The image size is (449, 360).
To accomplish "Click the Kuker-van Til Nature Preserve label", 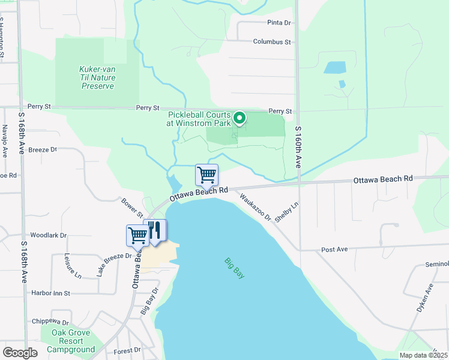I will pyautogui.click(x=97, y=78).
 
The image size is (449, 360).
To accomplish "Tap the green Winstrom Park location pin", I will pyautogui.click(x=240, y=118).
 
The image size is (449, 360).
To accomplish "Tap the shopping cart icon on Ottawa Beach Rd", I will pyautogui.click(x=206, y=175).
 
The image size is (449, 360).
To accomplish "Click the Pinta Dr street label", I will pyautogui.click(x=279, y=23).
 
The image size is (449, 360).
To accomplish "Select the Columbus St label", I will pyautogui.click(x=271, y=42).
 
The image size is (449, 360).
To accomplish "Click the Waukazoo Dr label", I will pyautogui.click(x=255, y=206).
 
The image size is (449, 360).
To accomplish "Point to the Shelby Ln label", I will pyautogui.click(x=286, y=212).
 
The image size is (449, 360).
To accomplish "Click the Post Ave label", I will pyautogui.click(x=335, y=248).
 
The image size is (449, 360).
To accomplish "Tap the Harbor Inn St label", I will pyautogui.click(x=50, y=293).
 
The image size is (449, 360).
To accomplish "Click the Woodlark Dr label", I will pyautogui.click(x=48, y=236).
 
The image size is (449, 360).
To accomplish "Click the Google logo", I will pyautogui.click(x=20, y=353).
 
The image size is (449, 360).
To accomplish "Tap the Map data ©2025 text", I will pyautogui.click(x=423, y=355).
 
